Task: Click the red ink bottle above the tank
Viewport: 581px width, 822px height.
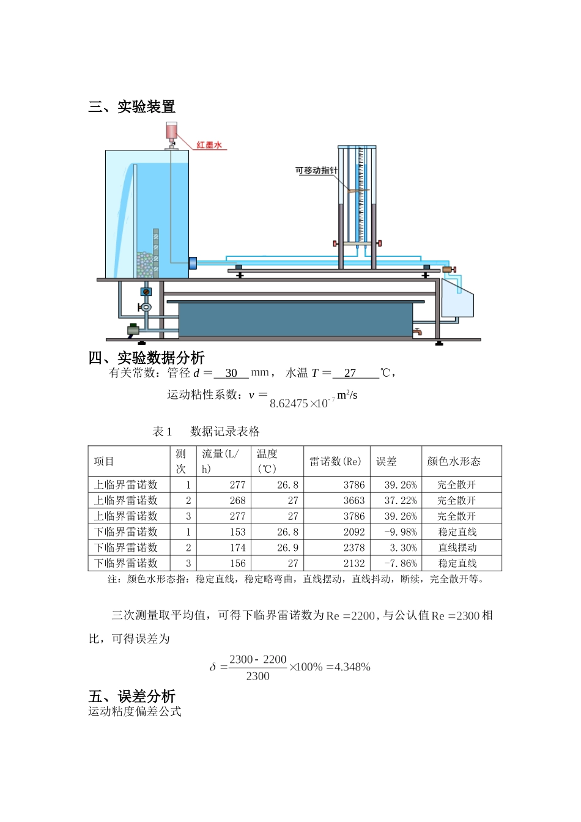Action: [x=171, y=130]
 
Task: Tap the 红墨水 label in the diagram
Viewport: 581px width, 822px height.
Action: [x=209, y=145]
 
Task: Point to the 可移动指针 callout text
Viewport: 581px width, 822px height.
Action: [x=316, y=171]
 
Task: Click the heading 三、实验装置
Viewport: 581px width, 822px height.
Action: [x=131, y=106]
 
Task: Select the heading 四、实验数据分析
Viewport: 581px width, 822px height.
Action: [x=146, y=357]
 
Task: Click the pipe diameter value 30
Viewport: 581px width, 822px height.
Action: [x=231, y=373]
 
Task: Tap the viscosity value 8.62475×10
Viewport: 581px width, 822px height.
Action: [x=298, y=404]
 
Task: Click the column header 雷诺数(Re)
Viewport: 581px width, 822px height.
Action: [x=335, y=462]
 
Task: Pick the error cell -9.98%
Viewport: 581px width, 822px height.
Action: [x=401, y=532]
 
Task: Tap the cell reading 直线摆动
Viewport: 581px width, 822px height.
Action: [x=457, y=548]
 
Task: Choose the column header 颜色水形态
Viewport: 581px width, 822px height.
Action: [x=454, y=462]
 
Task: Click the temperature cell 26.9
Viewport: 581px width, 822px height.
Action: [x=287, y=548]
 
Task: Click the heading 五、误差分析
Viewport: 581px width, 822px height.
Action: [x=131, y=696]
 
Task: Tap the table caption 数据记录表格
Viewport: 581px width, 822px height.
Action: [x=225, y=432]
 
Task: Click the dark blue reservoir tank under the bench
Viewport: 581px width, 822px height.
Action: [x=295, y=319]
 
